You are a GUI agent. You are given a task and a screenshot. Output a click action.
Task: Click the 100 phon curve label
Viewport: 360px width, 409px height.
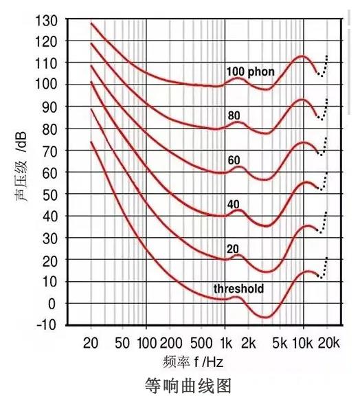pyautogui.click(x=251, y=71)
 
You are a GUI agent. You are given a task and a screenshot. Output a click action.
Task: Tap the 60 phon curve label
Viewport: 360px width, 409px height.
pyautogui.click(x=234, y=161)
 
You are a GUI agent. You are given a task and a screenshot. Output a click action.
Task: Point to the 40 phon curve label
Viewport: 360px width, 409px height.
pyautogui.click(x=234, y=203)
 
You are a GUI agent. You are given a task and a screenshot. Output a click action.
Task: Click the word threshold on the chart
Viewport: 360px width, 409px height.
pyautogui.click(x=238, y=289)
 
